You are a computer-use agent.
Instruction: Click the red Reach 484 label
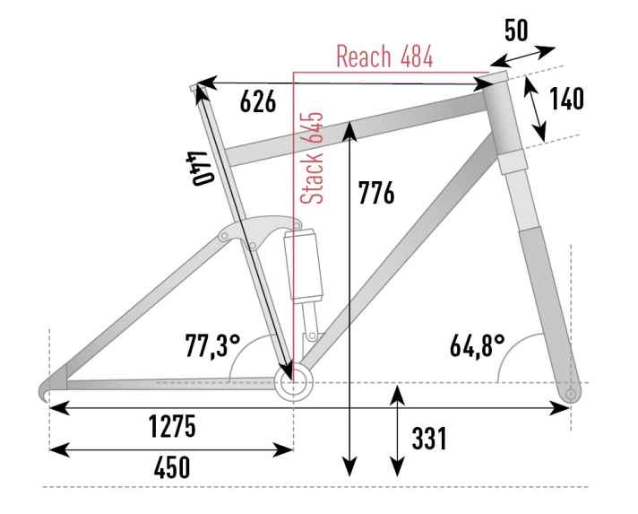coord(384,57)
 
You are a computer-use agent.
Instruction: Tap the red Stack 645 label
coord(312,157)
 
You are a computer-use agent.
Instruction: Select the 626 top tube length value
coord(257,101)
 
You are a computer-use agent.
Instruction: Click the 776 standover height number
coord(376,193)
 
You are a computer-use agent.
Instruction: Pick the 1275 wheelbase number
coord(172,426)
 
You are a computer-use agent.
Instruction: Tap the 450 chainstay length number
coord(172,467)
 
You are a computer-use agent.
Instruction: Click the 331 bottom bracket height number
coord(429,439)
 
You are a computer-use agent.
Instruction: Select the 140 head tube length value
coord(567,99)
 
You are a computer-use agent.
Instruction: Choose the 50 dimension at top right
coord(516,30)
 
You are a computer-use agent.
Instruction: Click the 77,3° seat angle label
coord(212,346)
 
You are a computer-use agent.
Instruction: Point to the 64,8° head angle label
coord(478,346)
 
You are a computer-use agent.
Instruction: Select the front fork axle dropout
coord(572,394)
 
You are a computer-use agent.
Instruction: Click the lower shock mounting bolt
coord(312,336)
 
